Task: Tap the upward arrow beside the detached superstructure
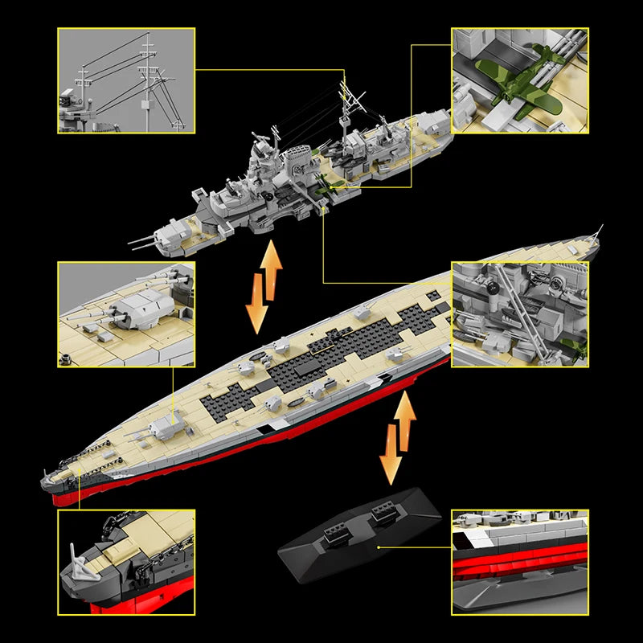point(272,269)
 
